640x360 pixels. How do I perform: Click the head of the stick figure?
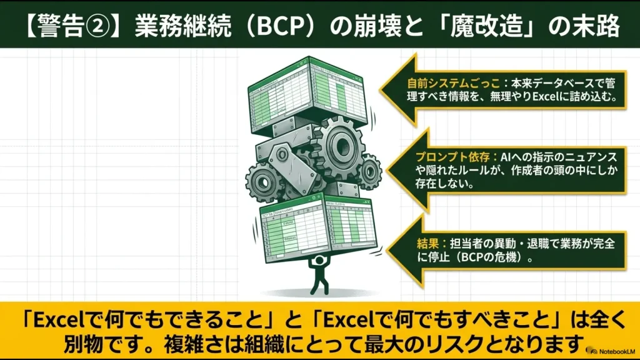click(x=319, y=259)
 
